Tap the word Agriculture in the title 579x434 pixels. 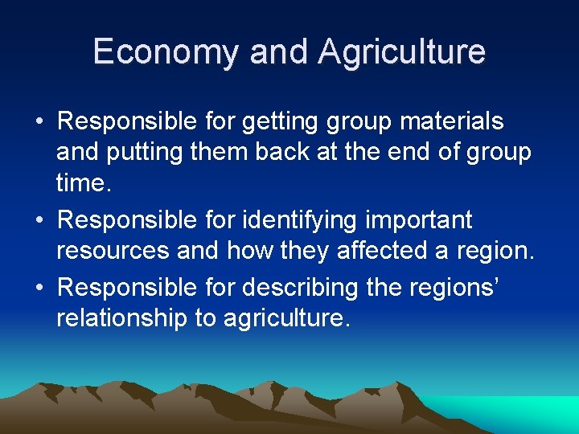[401, 52]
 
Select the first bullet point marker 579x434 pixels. [39, 123]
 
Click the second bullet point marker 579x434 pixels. [39, 220]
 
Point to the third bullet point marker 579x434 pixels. [39, 287]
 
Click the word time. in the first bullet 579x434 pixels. [82, 184]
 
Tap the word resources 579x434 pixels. [113, 252]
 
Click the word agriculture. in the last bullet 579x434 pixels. [287, 318]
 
